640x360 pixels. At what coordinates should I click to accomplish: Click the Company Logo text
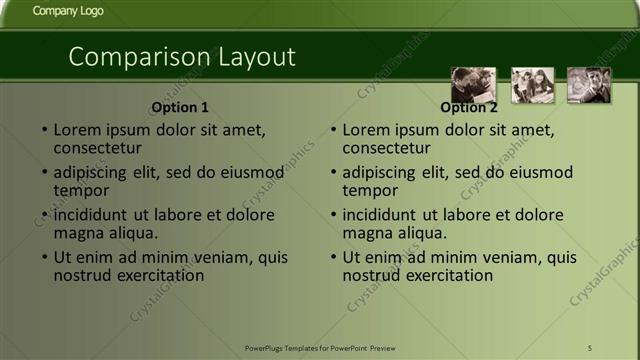[67, 11]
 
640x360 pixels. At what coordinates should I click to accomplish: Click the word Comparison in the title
[131, 57]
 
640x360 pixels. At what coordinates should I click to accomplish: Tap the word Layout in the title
[250, 57]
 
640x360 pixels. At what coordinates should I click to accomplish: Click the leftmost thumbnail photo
[473, 85]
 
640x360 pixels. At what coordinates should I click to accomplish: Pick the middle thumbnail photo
[532, 85]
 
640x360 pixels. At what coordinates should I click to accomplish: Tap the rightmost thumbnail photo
[589, 85]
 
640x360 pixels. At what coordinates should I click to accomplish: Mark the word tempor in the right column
[369, 190]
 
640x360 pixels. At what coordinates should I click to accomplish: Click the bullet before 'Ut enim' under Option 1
[44, 258]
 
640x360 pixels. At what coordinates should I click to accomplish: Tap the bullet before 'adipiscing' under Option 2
[333, 172]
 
